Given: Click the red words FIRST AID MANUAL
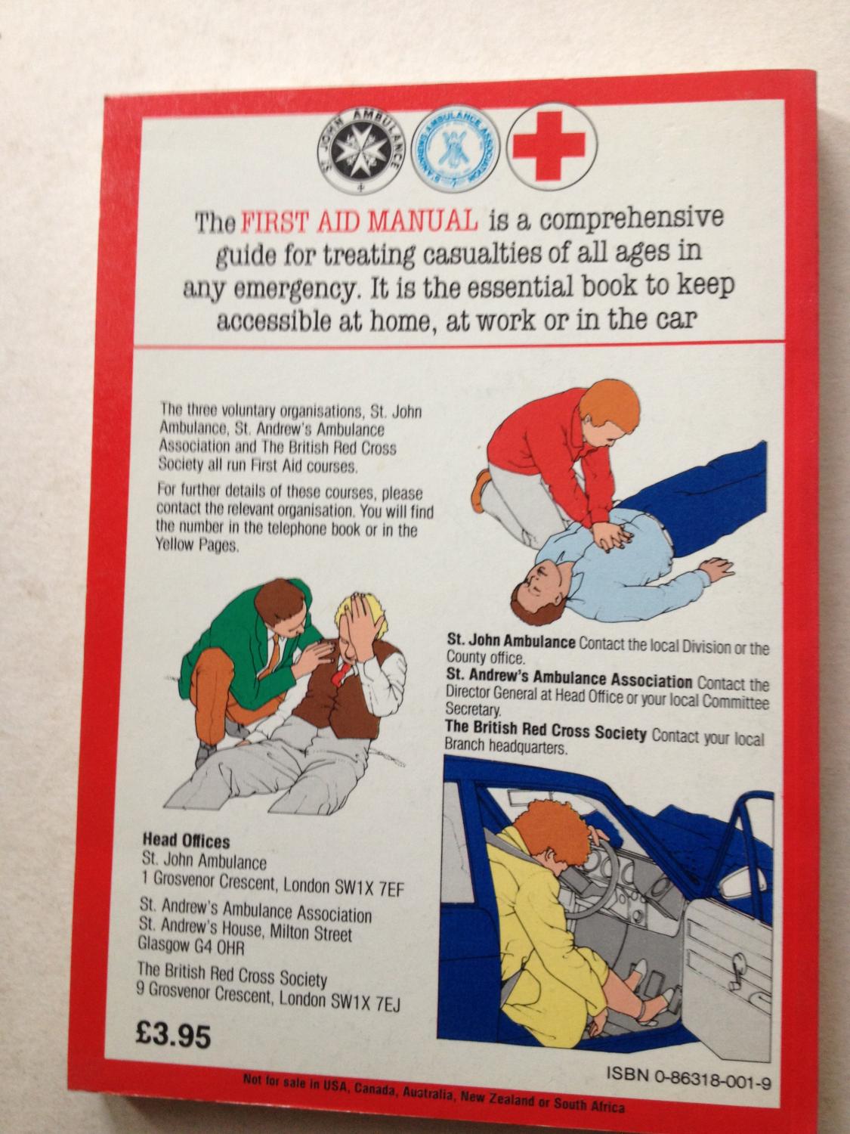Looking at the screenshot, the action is [360, 222].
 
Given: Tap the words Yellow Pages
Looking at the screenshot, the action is [198, 545].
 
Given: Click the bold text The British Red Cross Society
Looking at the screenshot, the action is [546, 730].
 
